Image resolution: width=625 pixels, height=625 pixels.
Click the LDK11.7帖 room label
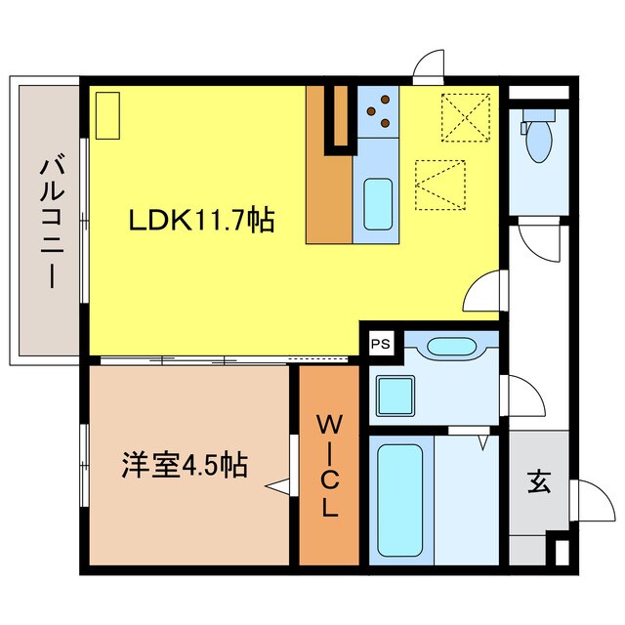click(201, 220)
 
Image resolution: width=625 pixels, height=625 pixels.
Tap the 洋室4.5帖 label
click(184, 464)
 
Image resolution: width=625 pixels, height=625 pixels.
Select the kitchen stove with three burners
click(380, 110)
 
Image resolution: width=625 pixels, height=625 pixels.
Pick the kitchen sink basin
click(377, 201)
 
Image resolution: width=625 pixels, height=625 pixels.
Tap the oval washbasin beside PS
click(450, 346)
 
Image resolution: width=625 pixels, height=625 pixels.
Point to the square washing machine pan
click(398, 397)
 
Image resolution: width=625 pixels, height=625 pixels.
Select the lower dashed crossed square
click(439, 184)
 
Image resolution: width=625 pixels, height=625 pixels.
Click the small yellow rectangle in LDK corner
click(106, 115)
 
